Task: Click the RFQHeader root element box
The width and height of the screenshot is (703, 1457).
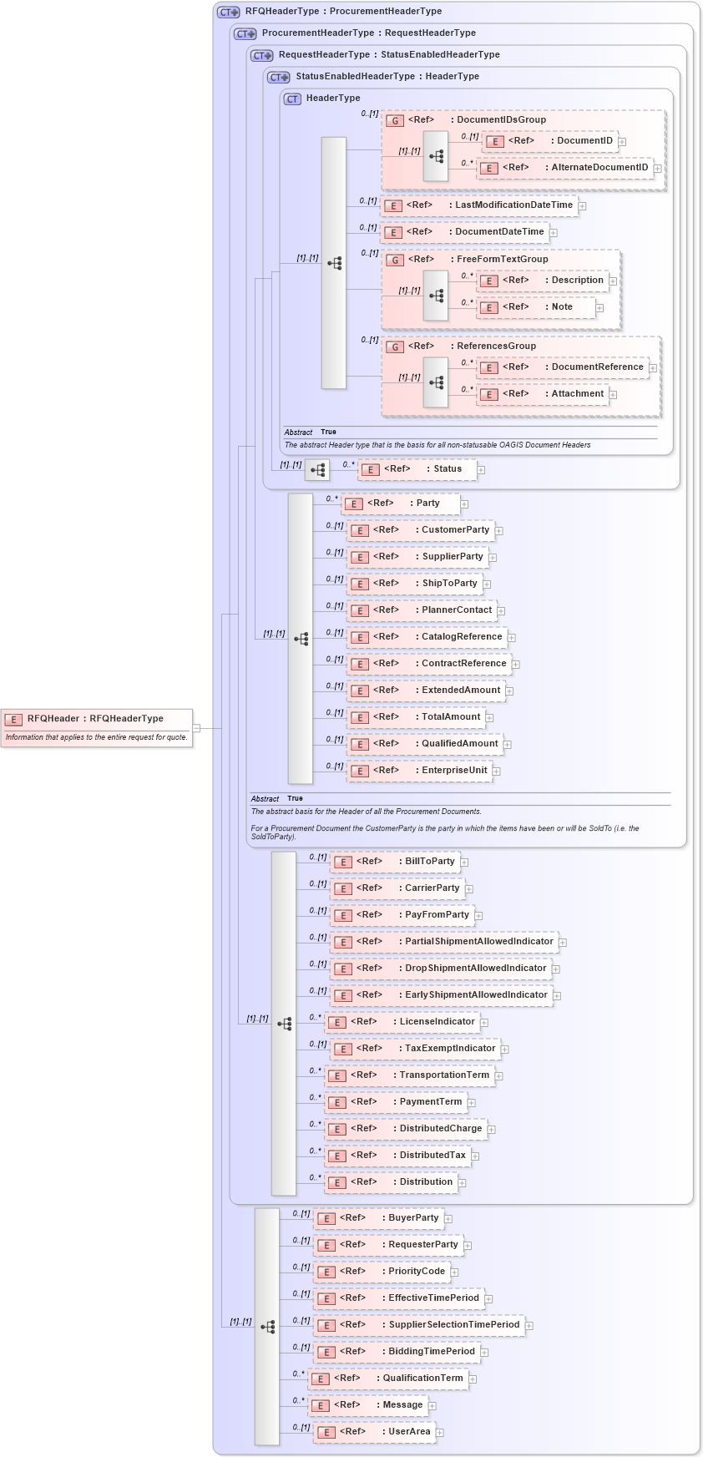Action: click(x=96, y=719)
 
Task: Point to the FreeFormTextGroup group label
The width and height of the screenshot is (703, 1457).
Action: click(x=502, y=260)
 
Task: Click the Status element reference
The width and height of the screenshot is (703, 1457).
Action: click(x=417, y=469)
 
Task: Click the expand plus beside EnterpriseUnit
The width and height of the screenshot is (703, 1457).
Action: click(x=496, y=772)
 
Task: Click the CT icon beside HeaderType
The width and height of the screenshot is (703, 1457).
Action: click(x=292, y=99)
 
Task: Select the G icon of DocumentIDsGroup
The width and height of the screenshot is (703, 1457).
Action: click(x=395, y=121)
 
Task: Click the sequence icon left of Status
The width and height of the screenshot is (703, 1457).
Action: click(x=317, y=470)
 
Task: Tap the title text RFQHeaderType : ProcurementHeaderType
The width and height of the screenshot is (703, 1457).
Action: click(x=343, y=12)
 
